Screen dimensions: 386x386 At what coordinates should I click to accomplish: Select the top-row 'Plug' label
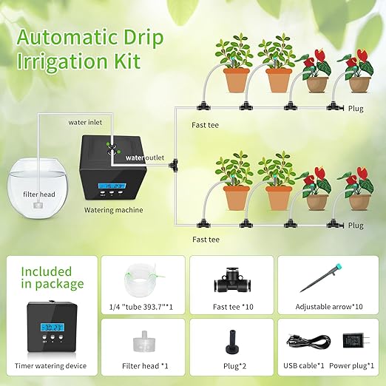click(x=356, y=109)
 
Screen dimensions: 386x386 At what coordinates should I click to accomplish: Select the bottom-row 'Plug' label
click(x=356, y=225)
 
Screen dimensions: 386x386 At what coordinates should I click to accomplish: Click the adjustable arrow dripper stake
click(x=323, y=282)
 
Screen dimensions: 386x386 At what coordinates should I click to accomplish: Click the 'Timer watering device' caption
click(x=51, y=366)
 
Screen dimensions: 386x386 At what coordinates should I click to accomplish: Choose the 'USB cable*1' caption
click(x=302, y=365)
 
